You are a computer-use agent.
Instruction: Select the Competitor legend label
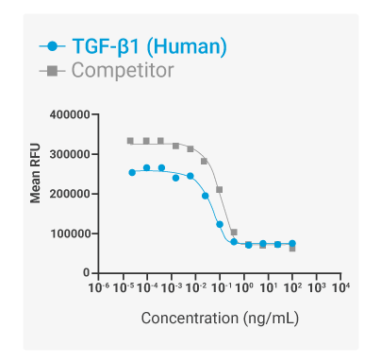(123, 70)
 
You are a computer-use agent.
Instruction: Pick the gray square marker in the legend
(52, 70)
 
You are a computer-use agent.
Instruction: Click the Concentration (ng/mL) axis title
(220, 318)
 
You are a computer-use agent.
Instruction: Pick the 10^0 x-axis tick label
(243, 286)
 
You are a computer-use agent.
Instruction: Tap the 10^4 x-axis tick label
(341, 286)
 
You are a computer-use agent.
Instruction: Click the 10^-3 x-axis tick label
(173, 286)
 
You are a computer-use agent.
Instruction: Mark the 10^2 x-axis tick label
(292, 286)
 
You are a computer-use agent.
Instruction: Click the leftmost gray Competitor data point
(131, 141)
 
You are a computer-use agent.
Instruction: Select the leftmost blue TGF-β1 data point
(132, 172)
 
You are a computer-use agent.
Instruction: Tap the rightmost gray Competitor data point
(292, 249)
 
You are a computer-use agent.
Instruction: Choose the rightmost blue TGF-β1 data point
(292, 243)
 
